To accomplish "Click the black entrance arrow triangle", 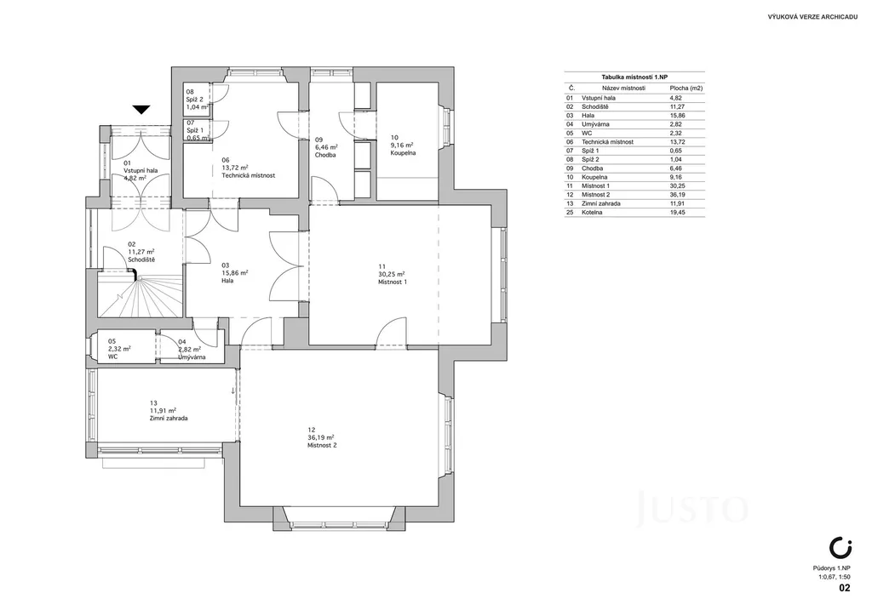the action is pyautogui.click(x=141, y=110).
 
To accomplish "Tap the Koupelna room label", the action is pyautogui.click(x=403, y=153).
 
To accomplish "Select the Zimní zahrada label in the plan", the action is pyautogui.click(x=169, y=419).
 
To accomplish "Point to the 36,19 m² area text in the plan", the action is pyautogui.click(x=321, y=437).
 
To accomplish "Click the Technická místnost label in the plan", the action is pyautogui.click(x=248, y=175).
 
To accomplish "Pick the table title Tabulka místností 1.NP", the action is pyautogui.click(x=634, y=77).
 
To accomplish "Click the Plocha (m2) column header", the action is pyautogui.click(x=686, y=88).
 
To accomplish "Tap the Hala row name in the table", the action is pyautogui.click(x=588, y=116).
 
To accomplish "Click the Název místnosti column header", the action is pyautogui.click(x=623, y=88).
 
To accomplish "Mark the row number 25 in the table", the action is pyautogui.click(x=570, y=212).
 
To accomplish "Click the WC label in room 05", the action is pyautogui.click(x=113, y=356).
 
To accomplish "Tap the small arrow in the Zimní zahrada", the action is pyautogui.click(x=232, y=391).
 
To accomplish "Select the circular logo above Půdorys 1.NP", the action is pyautogui.click(x=840, y=547).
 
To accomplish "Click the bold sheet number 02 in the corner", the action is pyautogui.click(x=844, y=588).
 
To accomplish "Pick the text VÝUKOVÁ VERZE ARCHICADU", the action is pyautogui.click(x=812, y=18).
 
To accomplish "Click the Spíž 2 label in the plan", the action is pyautogui.click(x=195, y=100).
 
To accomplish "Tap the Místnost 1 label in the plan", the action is pyautogui.click(x=393, y=282).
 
